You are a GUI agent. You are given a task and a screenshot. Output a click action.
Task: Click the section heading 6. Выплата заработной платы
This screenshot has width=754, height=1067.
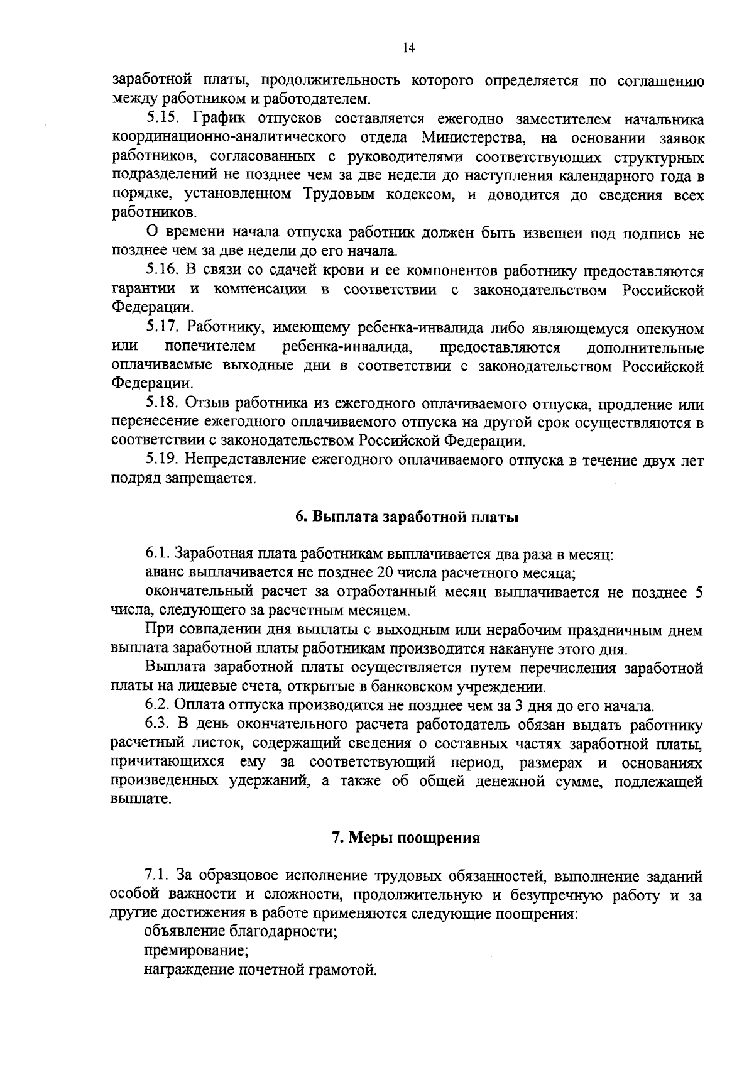(407, 518)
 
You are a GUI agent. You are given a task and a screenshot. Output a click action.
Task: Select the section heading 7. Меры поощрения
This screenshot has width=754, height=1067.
(406, 838)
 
